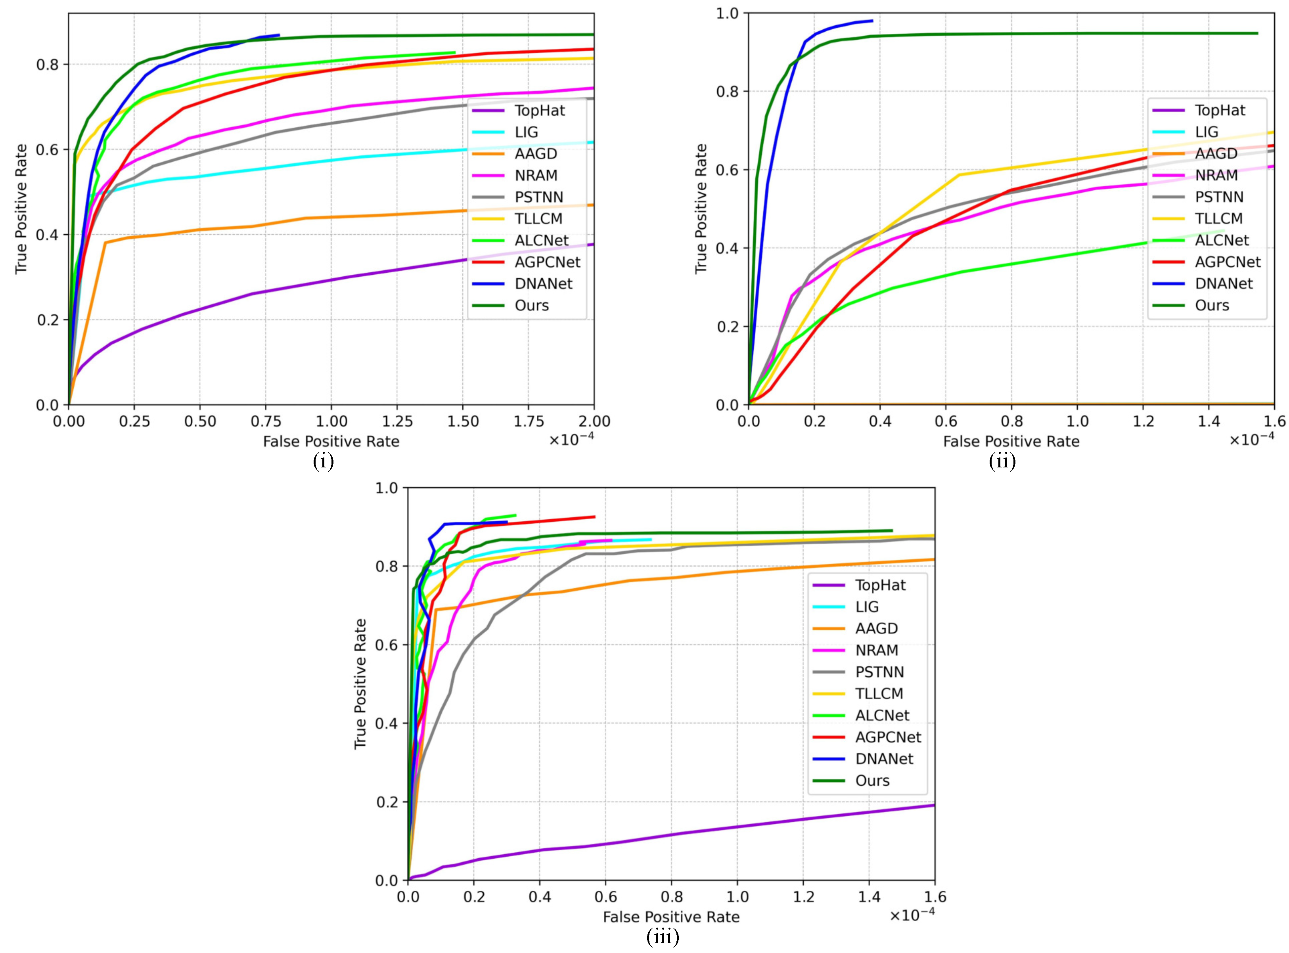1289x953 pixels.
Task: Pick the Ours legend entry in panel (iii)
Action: pyautogui.click(x=872, y=781)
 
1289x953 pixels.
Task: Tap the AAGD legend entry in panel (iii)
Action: pyautogui.click(x=876, y=629)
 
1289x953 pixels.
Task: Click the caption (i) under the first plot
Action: pyautogui.click(x=323, y=461)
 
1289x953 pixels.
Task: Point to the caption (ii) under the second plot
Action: pyautogui.click(x=1002, y=461)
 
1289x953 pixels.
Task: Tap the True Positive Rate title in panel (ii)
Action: pyautogui.click(x=701, y=209)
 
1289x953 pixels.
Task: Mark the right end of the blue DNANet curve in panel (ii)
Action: pyautogui.click(x=872, y=21)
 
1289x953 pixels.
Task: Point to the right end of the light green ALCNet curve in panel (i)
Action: pyautogui.click(x=455, y=52)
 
